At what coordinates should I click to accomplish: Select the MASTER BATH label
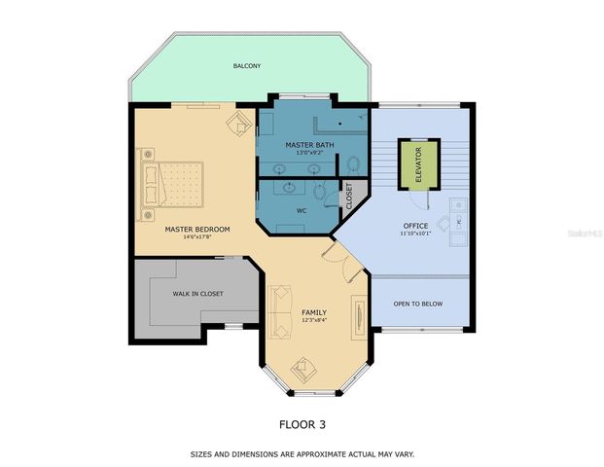(x=303, y=145)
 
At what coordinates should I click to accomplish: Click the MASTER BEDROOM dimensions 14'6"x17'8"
(x=196, y=237)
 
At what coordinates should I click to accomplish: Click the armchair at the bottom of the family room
(x=304, y=367)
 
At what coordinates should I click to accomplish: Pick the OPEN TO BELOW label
(x=417, y=304)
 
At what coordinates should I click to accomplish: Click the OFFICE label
(x=416, y=226)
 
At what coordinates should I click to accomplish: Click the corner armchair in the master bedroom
(x=237, y=124)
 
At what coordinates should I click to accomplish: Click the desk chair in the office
(x=444, y=224)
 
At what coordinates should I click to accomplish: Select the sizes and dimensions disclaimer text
(x=302, y=453)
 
